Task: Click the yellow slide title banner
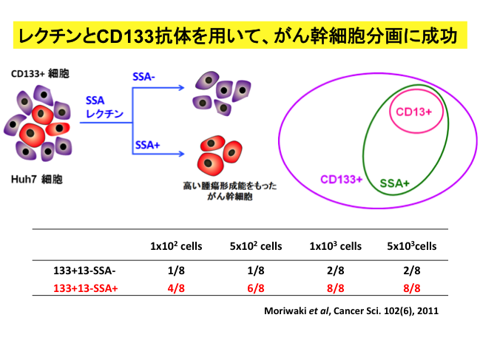click(x=240, y=34)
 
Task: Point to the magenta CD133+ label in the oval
click(x=340, y=179)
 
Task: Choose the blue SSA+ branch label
click(x=146, y=146)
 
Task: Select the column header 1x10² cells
click(x=176, y=246)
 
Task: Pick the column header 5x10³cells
click(x=410, y=246)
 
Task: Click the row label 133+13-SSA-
click(x=84, y=271)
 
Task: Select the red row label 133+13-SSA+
click(x=85, y=288)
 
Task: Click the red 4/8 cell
click(x=176, y=288)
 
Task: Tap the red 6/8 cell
click(x=256, y=288)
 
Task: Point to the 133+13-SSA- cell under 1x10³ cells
click(x=335, y=271)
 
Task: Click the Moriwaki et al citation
click(x=351, y=310)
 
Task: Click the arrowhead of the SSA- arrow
click(x=181, y=87)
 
